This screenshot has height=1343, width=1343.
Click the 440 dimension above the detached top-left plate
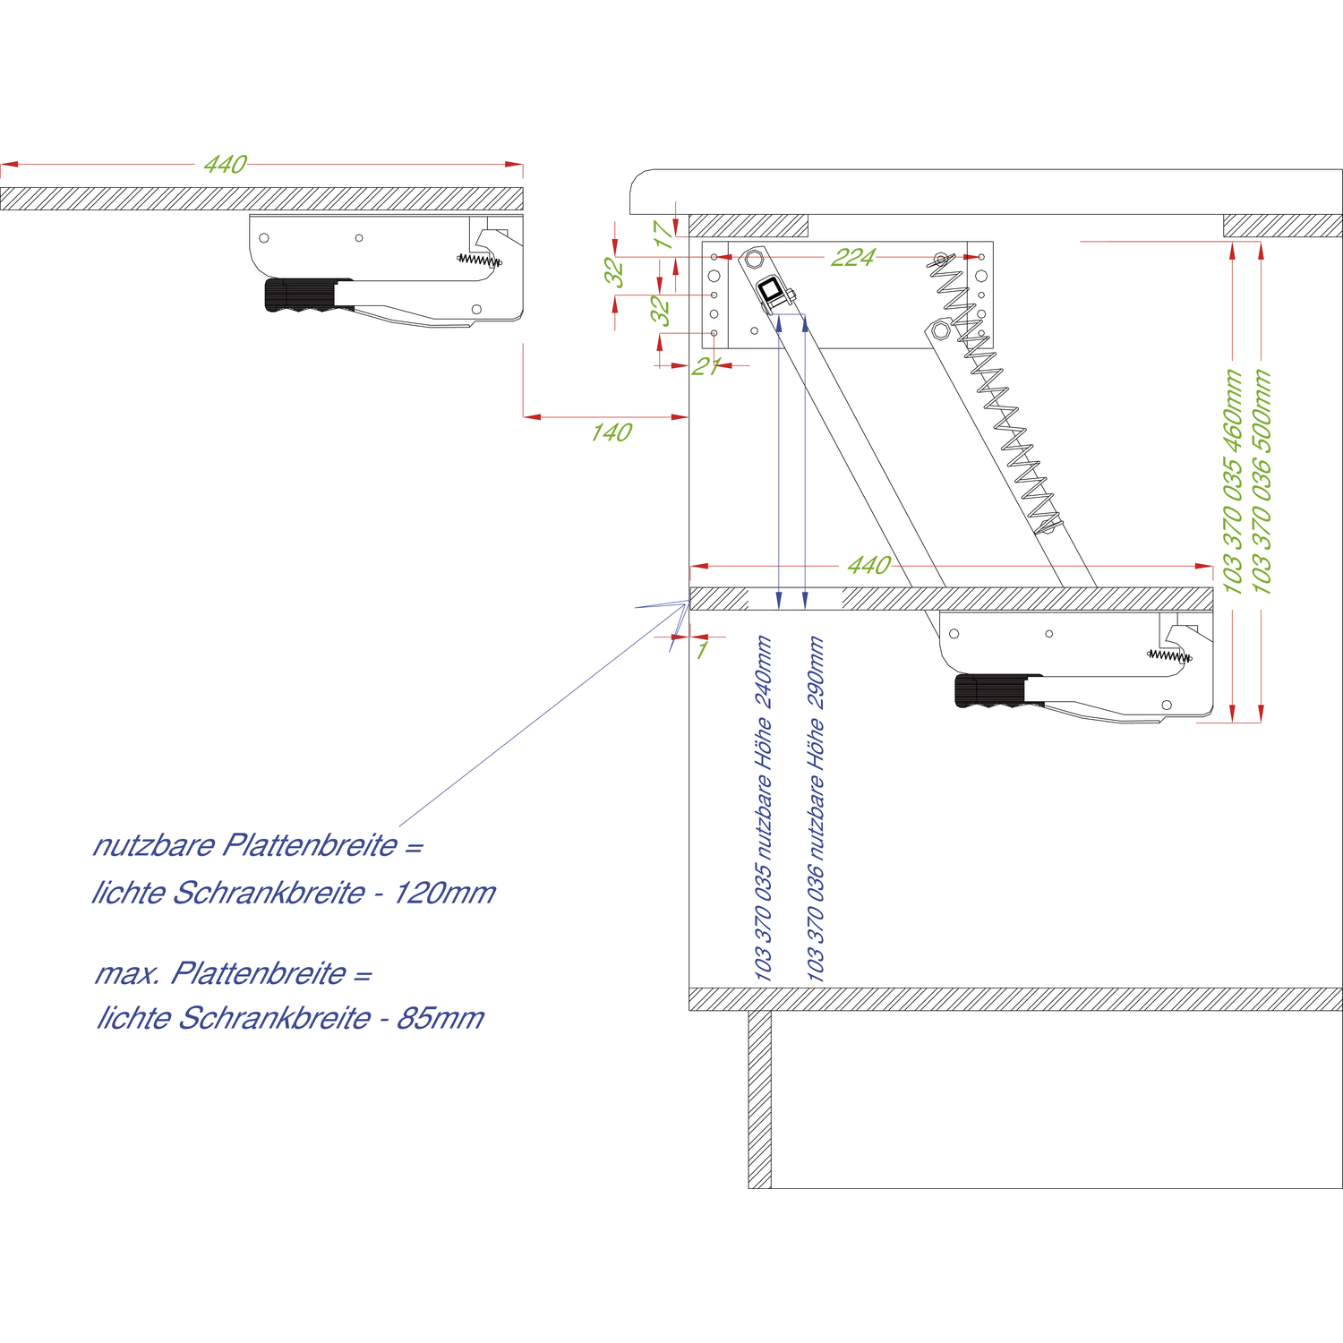coord(225,165)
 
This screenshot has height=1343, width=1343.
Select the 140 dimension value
coord(611,432)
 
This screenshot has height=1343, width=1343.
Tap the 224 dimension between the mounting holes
coord(852,258)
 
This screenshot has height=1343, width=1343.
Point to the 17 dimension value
coord(663,235)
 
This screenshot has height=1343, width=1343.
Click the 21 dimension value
coord(706,366)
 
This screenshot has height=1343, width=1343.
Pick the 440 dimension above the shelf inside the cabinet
coord(868,566)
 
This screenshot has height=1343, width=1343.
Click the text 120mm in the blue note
coord(445,893)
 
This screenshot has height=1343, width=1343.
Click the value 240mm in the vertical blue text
coord(763,671)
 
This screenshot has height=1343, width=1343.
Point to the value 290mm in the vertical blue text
coord(816,671)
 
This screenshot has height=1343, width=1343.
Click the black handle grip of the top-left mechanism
coord(300,295)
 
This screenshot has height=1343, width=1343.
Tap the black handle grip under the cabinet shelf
coord(990,690)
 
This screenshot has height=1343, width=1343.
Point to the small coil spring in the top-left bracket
coord(480,261)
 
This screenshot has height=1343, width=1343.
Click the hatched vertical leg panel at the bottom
coord(759,1099)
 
